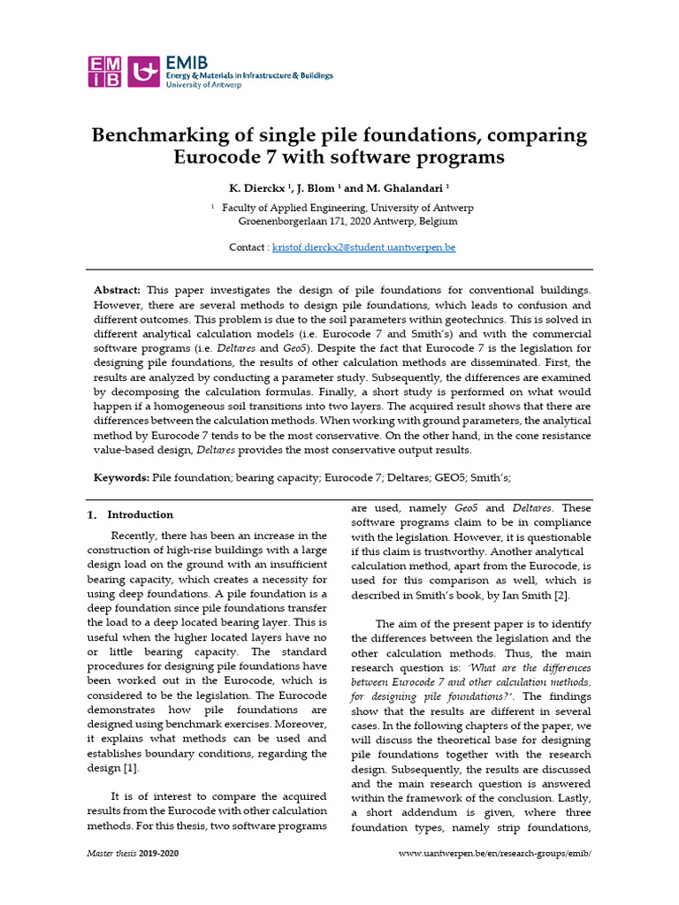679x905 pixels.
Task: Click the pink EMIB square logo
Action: tap(105, 71)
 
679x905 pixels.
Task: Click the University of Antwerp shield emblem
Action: tap(145, 71)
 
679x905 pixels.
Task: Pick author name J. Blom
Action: tap(317, 188)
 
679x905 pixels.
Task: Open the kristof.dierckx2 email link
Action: tap(363, 247)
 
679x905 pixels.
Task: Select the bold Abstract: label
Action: tap(117, 290)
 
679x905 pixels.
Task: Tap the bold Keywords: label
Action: tap(122, 477)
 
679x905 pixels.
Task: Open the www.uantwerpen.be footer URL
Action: tap(495, 854)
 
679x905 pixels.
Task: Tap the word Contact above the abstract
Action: tap(247, 247)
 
